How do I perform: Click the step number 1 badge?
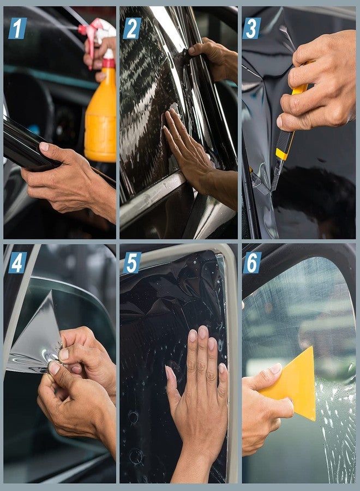[17, 28]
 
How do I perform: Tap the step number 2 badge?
[132, 28]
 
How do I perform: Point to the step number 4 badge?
[17, 262]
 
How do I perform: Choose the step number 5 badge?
[132, 262]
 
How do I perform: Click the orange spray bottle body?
[101, 120]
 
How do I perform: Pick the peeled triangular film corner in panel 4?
[35, 338]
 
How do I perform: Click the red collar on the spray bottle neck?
[109, 63]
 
